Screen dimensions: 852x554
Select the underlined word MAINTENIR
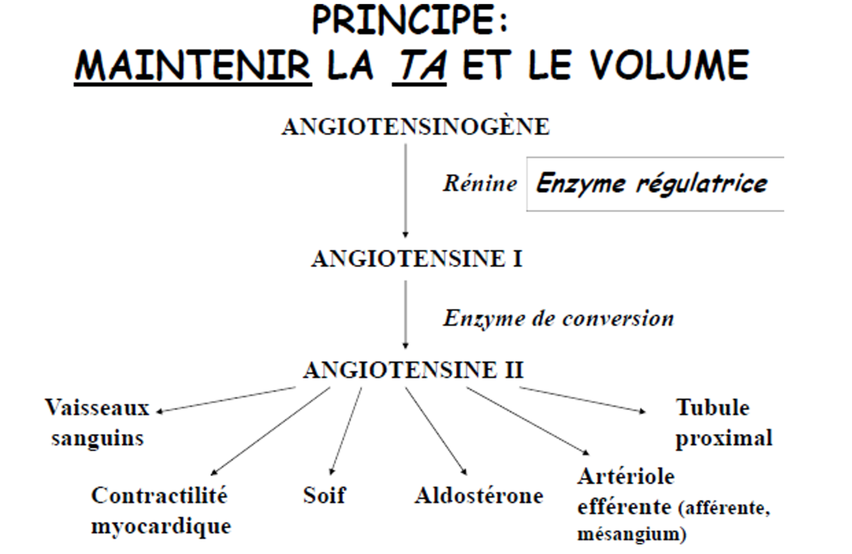click(193, 65)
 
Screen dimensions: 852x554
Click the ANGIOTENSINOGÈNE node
click(415, 127)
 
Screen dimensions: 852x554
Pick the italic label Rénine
click(480, 184)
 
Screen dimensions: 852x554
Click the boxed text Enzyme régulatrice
click(651, 183)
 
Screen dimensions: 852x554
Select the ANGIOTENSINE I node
click(417, 259)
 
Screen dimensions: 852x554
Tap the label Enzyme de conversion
click(558, 318)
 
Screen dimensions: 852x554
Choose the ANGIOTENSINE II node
click(413, 371)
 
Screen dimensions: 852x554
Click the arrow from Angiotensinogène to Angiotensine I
click(405, 192)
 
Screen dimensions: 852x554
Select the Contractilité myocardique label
click(160, 510)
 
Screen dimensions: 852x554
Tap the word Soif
click(324, 495)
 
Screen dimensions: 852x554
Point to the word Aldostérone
click(479, 496)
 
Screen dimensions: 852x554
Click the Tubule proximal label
click(724, 423)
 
